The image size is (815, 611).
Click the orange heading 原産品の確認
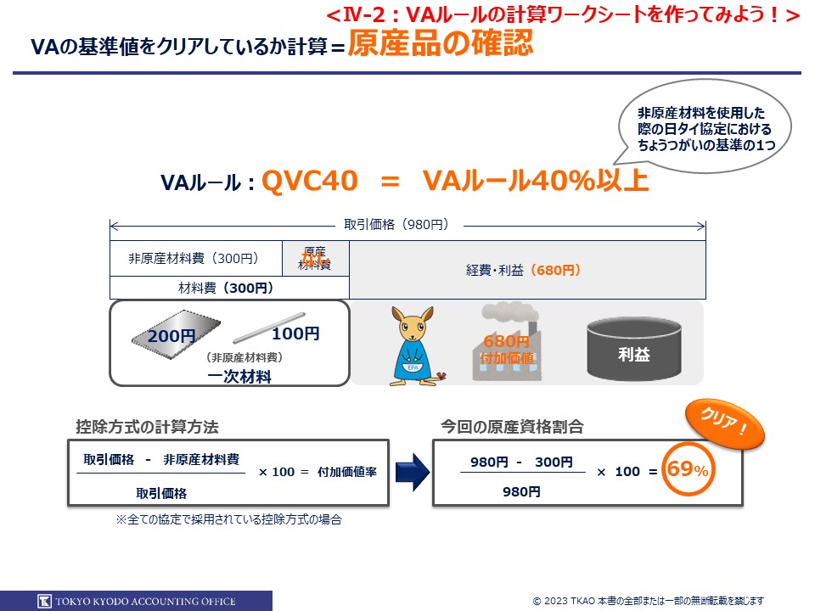441,43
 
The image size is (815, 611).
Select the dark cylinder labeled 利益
633,350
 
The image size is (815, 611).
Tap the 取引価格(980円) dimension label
396,225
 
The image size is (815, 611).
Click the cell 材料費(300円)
226,288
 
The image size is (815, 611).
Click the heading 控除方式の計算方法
147,426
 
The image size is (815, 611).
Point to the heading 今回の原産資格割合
512,426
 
